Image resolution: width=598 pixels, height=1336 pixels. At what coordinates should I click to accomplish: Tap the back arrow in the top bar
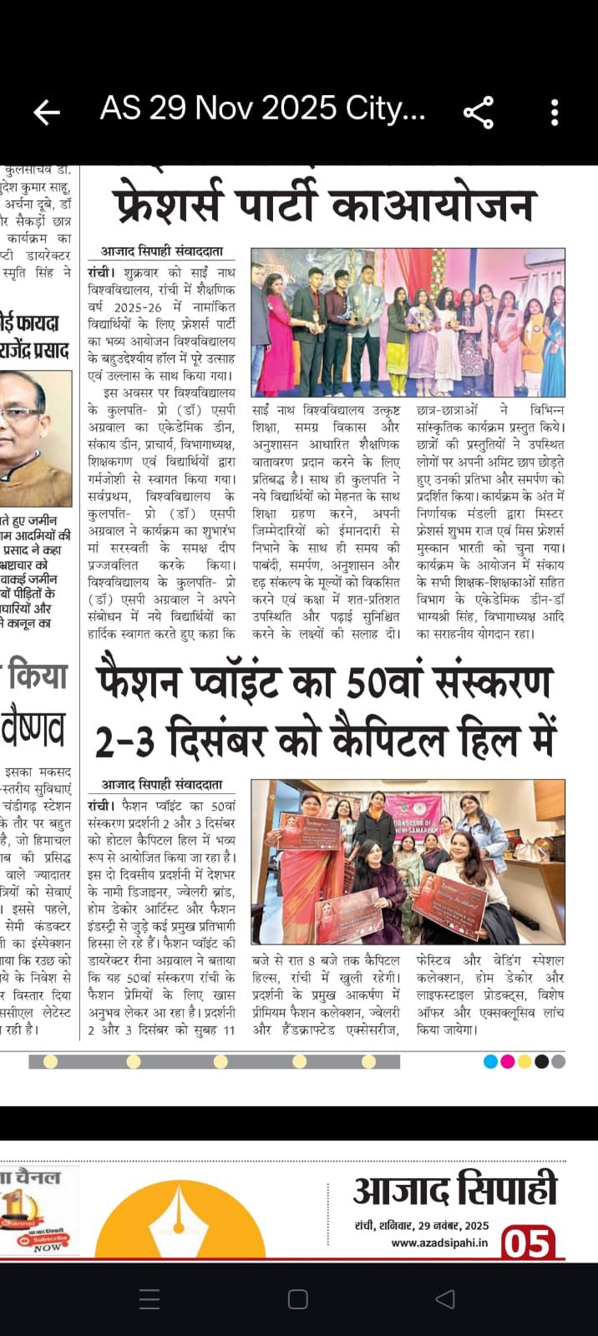click(47, 112)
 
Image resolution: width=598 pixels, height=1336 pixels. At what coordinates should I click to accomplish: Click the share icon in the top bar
click(479, 112)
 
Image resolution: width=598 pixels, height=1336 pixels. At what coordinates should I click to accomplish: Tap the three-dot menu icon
click(555, 112)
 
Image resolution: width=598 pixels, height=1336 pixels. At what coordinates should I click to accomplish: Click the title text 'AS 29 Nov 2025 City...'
click(262, 109)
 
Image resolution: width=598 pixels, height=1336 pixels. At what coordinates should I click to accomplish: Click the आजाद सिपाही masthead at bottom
click(454, 1191)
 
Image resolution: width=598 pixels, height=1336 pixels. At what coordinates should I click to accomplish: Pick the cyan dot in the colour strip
click(491, 1062)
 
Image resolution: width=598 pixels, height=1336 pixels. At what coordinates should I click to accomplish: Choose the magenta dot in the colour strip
click(508, 1062)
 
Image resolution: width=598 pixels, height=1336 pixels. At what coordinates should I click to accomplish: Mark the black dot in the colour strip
click(541, 1062)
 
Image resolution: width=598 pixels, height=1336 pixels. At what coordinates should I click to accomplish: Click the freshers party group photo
click(408, 322)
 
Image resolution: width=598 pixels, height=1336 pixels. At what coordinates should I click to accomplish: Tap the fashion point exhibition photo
click(408, 862)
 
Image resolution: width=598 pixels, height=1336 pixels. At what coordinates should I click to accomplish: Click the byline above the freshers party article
click(162, 250)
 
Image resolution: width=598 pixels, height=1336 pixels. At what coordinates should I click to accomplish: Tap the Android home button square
click(298, 1299)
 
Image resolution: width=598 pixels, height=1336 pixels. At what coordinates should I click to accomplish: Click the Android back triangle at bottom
click(445, 1299)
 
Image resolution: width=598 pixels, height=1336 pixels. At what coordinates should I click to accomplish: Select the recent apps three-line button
click(149, 1299)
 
